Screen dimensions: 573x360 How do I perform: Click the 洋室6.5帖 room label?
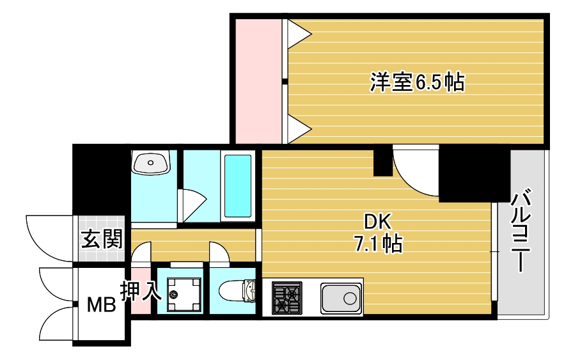click(418, 82)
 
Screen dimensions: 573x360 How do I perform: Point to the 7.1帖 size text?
click(378, 244)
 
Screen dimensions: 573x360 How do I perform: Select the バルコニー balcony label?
click(521, 230)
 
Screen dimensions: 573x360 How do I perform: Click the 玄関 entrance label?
click(102, 239)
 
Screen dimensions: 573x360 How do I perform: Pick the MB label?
click(101, 304)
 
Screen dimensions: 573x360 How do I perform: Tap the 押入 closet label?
click(141, 290)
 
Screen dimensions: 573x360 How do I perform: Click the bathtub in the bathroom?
click(237, 186)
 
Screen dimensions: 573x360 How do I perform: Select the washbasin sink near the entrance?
click(150, 162)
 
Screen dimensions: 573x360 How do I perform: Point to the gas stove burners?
click(287, 298)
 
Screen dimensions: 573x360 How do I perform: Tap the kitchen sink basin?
click(341, 298)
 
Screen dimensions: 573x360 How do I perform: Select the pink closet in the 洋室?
click(259, 81)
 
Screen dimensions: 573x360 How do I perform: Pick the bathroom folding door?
click(191, 205)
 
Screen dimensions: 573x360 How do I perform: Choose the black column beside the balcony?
click(474, 173)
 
